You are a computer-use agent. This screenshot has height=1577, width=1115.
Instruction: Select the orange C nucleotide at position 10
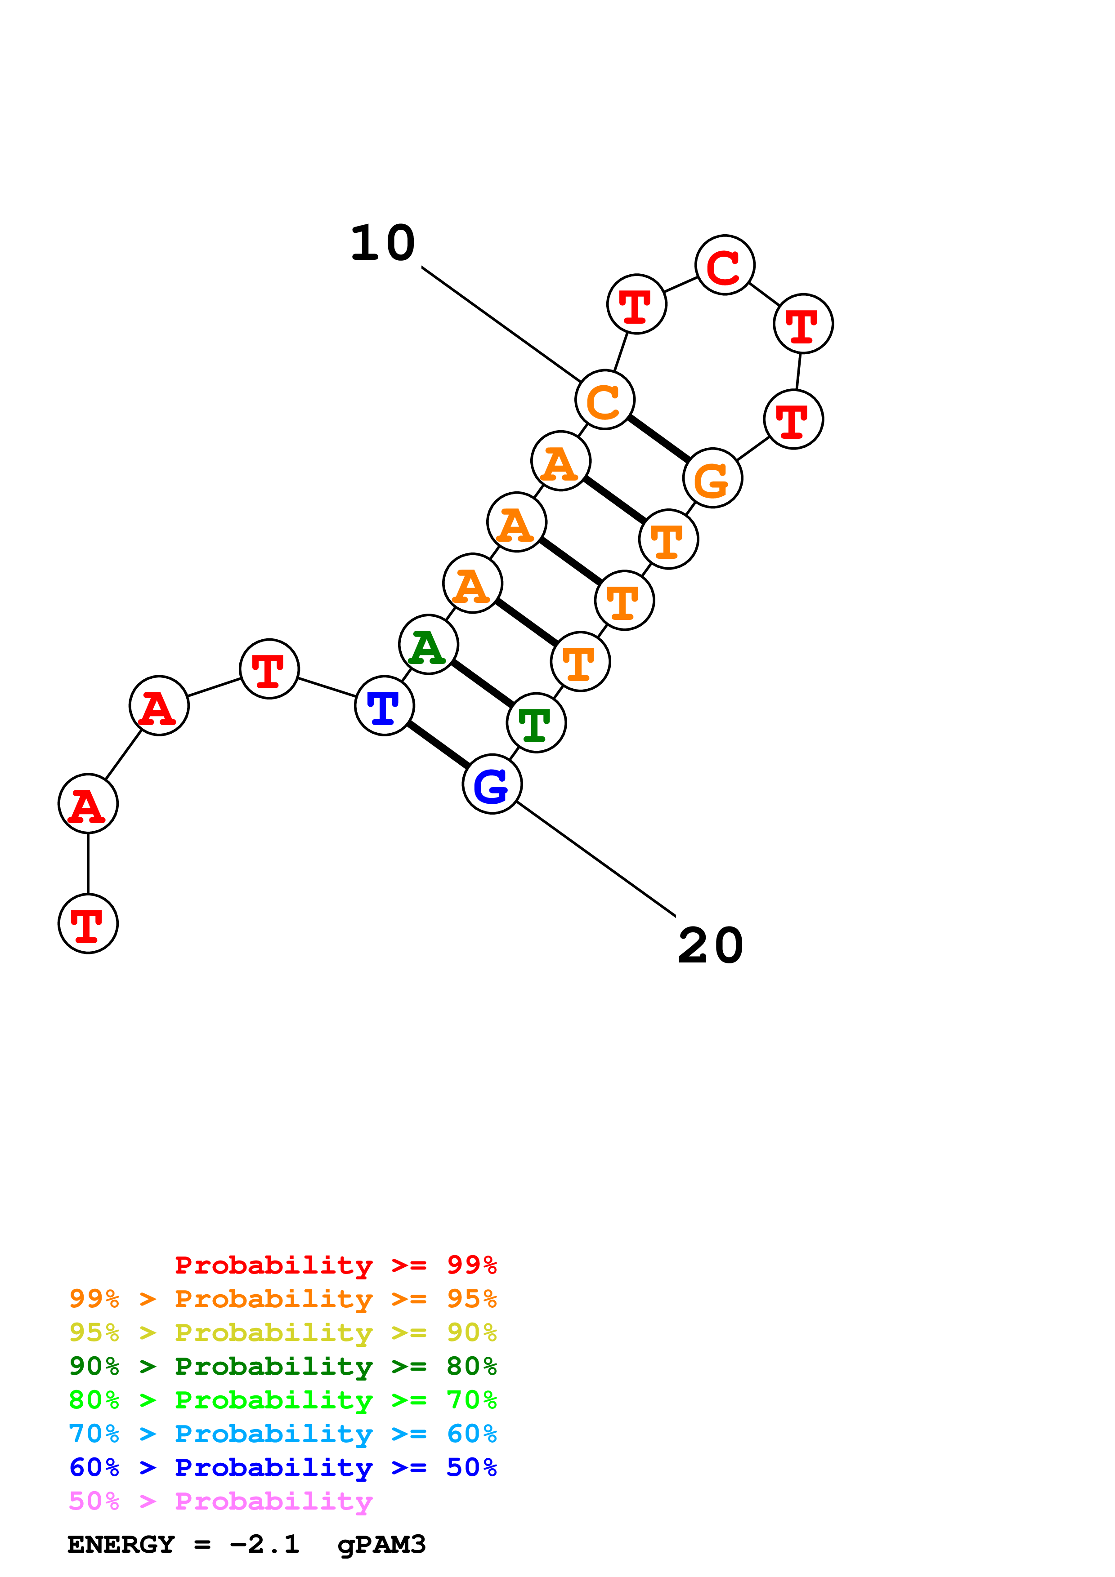pyautogui.click(x=605, y=400)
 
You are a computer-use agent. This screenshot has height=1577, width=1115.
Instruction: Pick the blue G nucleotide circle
pyautogui.click(x=492, y=784)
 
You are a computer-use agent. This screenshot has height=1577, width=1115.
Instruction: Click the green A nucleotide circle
pyautogui.click(x=429, y=645)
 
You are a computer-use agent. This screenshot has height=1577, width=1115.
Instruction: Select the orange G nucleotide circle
pyautogui.click(x=712, y=478)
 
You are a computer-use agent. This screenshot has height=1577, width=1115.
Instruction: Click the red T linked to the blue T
pyautogui.click(x=269, y=669)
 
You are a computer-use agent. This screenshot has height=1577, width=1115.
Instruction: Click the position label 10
pyautogui.click(x=383, y=243)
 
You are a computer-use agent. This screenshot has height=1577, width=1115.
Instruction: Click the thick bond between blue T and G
pyautogui.click(x=438, y=744)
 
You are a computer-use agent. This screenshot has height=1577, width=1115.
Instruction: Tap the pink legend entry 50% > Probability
pyautogui.click(x=220, y=1501)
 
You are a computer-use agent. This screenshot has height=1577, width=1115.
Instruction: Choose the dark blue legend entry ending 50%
pyautogui.click(x=282, y=1468)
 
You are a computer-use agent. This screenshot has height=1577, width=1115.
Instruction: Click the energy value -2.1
pyautogui.click(x=264, y=1545)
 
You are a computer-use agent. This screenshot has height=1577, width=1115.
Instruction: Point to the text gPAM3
pyautogui.click(x=381, y=1545)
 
